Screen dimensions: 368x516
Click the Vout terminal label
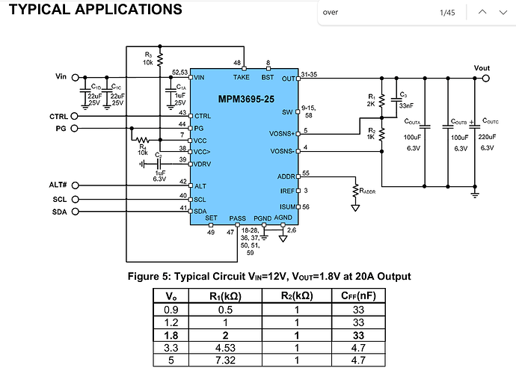(x=482, y=68)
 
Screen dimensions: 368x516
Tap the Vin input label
(x=61, y=77)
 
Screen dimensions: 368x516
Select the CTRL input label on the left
(x=58, y=116)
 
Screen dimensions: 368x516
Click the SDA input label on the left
(x=60, y=212)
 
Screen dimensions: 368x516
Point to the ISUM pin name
(x=288, y=206)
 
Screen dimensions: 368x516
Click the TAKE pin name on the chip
(x=242, y=77)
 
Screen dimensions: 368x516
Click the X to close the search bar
(x=504, y=13)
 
